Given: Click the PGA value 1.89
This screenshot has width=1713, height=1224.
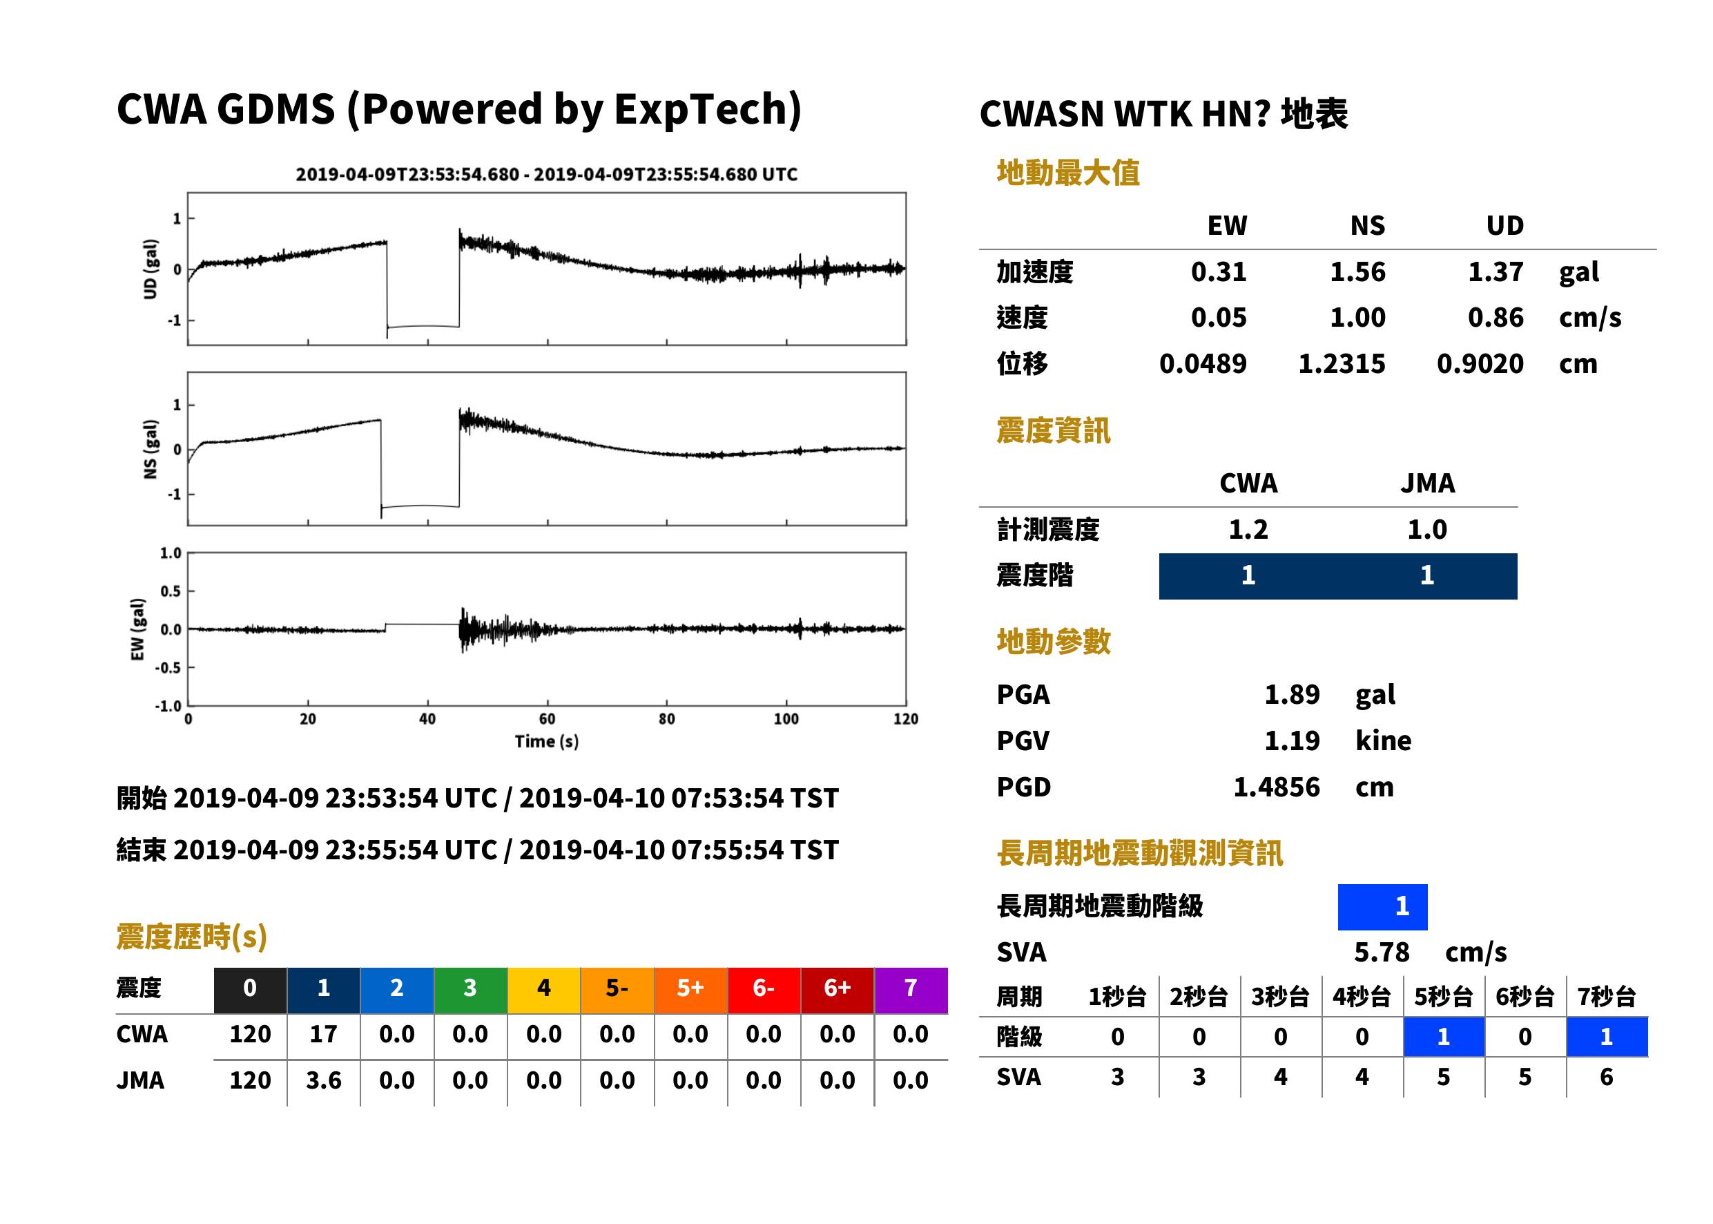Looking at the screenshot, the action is [1291, 694].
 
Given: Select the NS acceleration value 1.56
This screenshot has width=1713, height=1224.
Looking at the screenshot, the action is [1357, 271].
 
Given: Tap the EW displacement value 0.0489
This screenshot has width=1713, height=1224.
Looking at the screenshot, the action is [1202, 363].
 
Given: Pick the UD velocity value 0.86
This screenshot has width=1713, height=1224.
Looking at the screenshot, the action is [1496, 317].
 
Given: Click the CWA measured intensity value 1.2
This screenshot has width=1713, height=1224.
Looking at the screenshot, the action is [1248, 529].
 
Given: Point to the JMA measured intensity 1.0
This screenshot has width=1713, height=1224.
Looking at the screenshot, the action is [1426, 529].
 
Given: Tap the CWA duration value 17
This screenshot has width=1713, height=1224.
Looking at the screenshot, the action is [323, 1034].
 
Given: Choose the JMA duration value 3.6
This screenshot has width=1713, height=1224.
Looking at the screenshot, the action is [323, 1080].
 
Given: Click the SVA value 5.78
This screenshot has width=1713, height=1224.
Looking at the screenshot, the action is [1382, 952].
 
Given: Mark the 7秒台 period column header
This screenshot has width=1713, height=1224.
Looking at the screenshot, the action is [1606, 996].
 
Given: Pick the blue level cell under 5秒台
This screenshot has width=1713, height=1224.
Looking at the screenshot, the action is [1443, 1036].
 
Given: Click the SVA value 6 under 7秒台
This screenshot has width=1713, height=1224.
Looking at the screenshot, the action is [1606, 1077].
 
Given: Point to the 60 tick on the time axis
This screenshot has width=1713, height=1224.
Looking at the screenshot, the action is [547, 719].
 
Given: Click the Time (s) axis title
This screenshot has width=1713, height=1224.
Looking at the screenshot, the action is [547, 742].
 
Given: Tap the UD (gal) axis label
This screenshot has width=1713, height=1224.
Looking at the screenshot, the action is [151, 269].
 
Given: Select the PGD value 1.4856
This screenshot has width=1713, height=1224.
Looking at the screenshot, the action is [1276, 787].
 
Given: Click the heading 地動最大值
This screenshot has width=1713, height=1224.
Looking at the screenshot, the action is [1068, 173].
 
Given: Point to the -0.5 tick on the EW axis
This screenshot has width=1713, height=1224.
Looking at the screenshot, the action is [168, 668].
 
